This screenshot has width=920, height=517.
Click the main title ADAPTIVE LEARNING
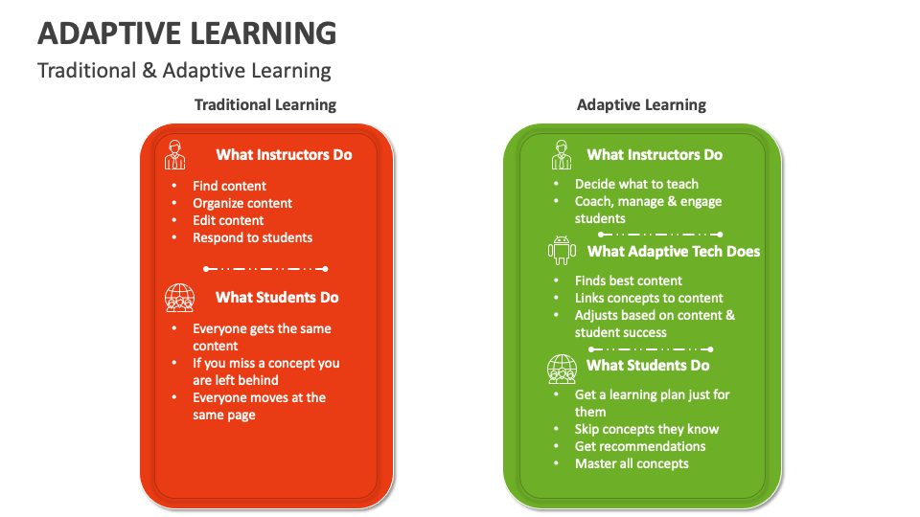(x=187, y=34)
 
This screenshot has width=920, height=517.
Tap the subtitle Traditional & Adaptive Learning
(x=184, y=71)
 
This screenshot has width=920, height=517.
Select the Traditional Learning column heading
(x=265, y=104)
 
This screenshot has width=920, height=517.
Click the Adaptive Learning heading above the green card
(x=641, y=104)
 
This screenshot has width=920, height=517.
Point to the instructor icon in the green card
(x=561, y=154)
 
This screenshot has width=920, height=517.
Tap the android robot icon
(x=561, y=251)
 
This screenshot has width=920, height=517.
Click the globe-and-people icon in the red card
(x=179, y=298)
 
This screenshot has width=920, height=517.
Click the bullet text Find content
(x=229, y=186)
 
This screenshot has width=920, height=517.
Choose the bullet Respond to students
(x=252, y=237)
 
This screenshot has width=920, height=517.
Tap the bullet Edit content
(x=228, y=220)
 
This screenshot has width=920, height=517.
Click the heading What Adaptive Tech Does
(x=673, y=252)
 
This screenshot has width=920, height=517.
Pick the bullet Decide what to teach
(x=636, y=184)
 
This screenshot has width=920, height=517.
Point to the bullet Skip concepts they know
(x=646, y=429)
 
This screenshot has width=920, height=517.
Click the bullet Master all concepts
(x=632, y=463)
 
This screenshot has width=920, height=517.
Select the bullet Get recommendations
(x=639, y=446)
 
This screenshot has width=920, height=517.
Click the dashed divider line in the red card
(x=266, y=269)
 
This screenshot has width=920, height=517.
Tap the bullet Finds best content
(x=628, y=281)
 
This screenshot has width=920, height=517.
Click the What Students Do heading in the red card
(x=277, y=298)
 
